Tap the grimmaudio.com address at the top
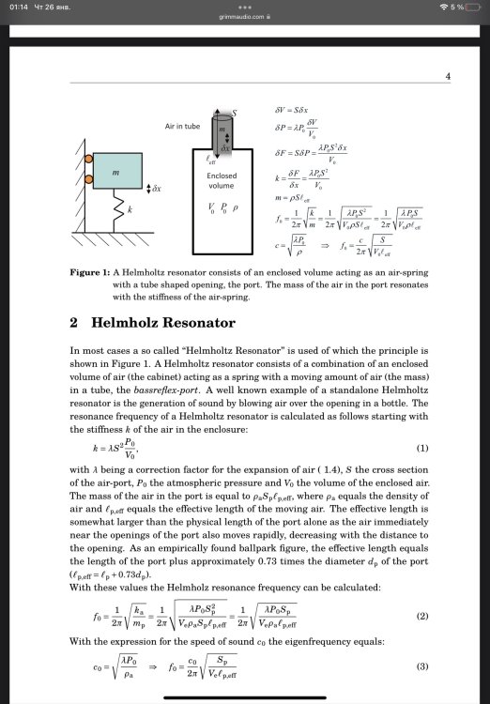[x=244, y=16]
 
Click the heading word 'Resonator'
[x=189, y=323]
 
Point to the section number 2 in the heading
[x=73, y=323]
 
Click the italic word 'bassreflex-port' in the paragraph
[x=154, y=387]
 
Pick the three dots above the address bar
[x=244, y=6]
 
